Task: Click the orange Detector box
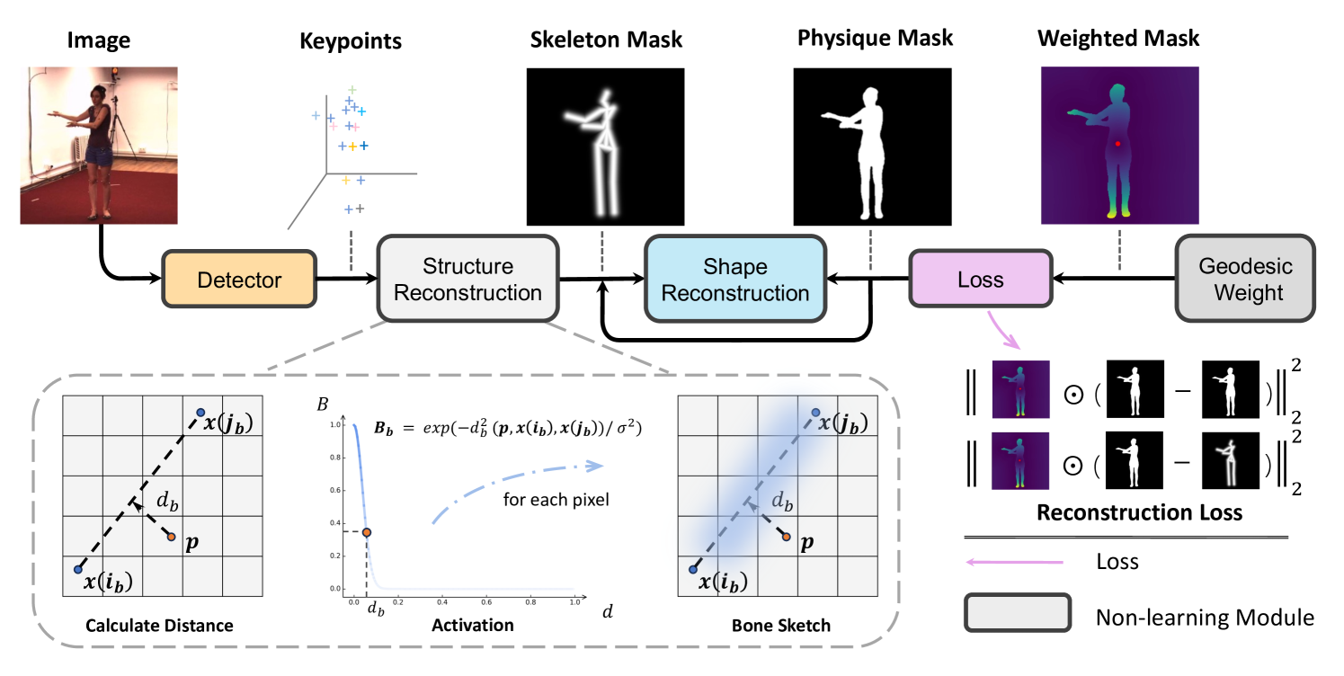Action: (x=239, y=280)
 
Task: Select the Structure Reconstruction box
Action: (x=468, y=280)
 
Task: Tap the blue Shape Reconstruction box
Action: (x=735, y=280)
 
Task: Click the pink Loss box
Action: (x=980, y=280)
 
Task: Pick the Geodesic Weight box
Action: (x=1245, y=280)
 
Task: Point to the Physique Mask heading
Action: (x=874, y=39)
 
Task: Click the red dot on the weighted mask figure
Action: (x=1118, y=144)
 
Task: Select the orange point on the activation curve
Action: (x=367, y=532)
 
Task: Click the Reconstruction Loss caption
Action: (x=1139, y=512)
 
